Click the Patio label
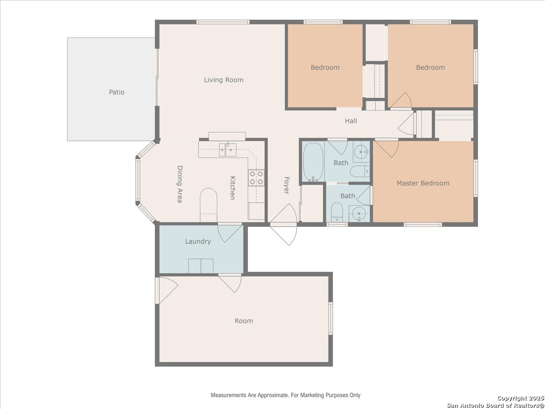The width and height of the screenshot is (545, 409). pos(117,92)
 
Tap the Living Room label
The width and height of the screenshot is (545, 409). pos(224,80)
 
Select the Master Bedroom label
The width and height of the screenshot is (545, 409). pos(423,183)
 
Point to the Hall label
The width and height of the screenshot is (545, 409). pos(351,121)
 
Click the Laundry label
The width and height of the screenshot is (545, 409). pos(198,241)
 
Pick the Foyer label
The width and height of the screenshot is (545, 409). pos(287,185)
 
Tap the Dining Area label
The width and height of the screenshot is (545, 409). pos(180,184)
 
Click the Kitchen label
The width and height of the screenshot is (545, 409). pos(233,188)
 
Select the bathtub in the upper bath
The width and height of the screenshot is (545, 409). pos(313,162)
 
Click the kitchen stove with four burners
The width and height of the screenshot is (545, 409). pos(256,178)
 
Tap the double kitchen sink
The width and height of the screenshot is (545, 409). pos(228,150)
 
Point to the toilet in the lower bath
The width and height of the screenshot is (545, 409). pos(337,212)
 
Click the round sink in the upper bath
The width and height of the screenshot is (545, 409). pos(361,152)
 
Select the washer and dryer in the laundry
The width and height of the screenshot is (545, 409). pos(201,266)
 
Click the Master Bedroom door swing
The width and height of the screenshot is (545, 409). pos(386,149)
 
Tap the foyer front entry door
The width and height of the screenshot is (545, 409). pos(283,224)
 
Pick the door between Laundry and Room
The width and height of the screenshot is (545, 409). pos(230,283)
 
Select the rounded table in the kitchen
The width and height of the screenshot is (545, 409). pos(208,205)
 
